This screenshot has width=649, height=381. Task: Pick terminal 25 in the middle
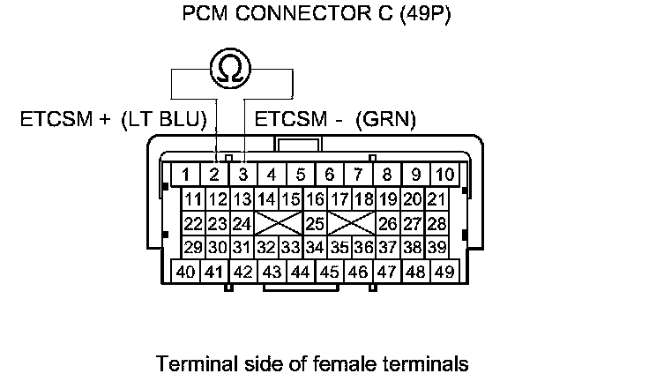click(x=315, y=223)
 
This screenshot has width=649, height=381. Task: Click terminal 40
click(x=186, y=272)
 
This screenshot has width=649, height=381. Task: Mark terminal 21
click(x=436, y=198)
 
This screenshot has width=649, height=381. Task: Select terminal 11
click(x=194, y=198)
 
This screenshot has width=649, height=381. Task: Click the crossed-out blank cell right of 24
click(x=279, y=223)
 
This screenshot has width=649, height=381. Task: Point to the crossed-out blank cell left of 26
click(x=352, y=223)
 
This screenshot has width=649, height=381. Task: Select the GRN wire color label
click(x=385, y=118)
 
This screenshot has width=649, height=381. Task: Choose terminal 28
click(x=436, y=223)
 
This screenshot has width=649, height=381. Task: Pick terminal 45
click(x=329, y=272)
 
